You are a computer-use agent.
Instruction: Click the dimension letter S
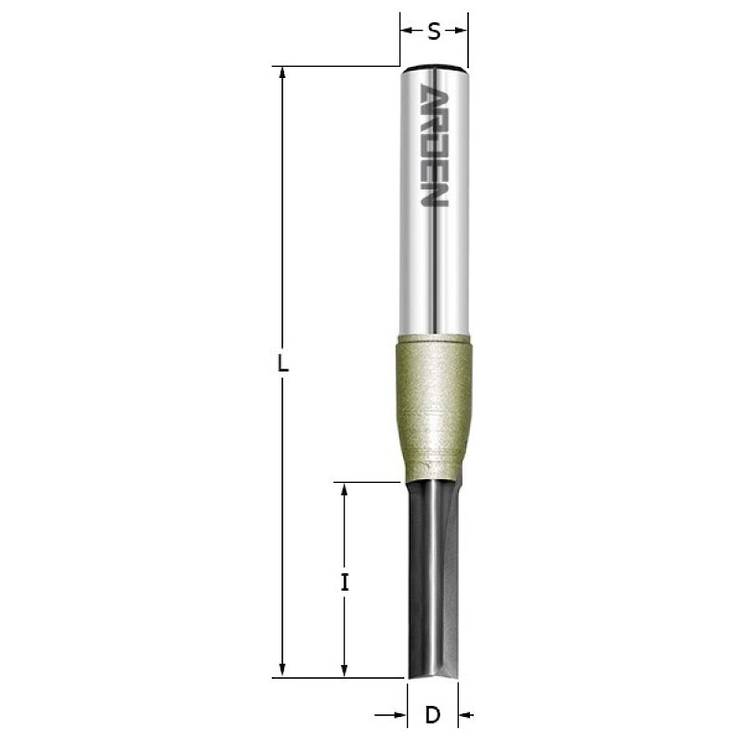pos(434,32)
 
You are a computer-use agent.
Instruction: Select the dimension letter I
pos(345,582)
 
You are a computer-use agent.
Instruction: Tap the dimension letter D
pos(433,715)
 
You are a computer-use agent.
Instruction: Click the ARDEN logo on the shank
pos(434,145)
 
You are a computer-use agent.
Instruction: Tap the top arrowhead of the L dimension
pos(282,72)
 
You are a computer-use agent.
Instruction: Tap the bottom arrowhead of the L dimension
pos(282,671)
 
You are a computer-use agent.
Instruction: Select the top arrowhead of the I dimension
pos(345,489)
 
